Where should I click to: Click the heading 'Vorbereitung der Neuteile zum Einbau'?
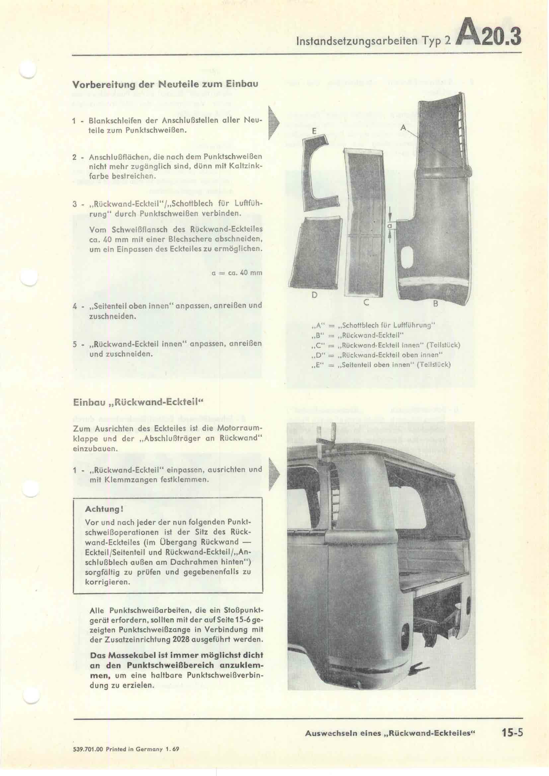(x=165, y=84)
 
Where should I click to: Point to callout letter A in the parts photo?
(x=403, y=127)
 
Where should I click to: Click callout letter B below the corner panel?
(x=436, y=304)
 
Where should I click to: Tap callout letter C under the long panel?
(x=365, y=303)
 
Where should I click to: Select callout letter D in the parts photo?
(x=314, y=295)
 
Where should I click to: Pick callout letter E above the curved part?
(x=314, y=132)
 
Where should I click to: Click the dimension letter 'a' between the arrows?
(x=390, y=225)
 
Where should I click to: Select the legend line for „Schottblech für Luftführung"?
(x=372, y=325)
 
